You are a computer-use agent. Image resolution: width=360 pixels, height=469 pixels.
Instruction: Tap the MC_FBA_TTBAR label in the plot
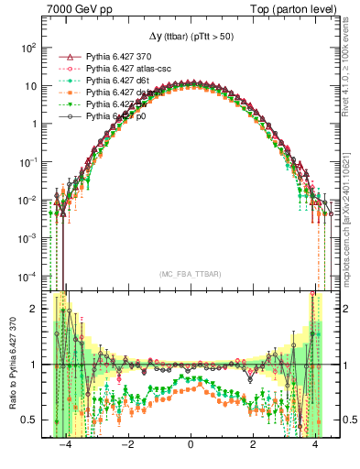[x=190, y=274]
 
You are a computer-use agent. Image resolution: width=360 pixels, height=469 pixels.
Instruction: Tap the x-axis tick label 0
[x=190, y=452]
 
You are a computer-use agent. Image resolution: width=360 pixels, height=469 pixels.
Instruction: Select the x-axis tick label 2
[x=253, y=452]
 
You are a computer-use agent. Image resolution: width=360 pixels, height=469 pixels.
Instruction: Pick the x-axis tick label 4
[x=315, y=452]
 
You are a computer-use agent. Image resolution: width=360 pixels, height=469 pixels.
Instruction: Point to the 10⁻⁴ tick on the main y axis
[x=28, y=276]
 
